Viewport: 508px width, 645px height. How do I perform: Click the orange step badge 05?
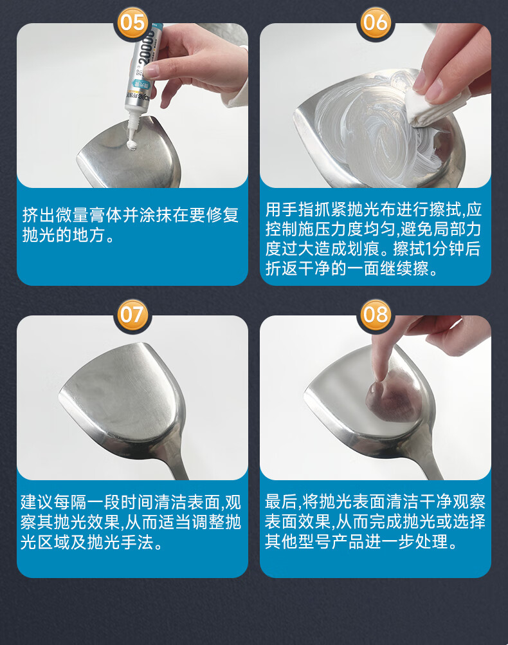132,22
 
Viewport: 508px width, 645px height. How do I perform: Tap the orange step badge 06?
376,22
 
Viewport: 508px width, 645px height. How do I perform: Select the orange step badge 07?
132,315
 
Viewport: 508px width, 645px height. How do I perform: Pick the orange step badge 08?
376,315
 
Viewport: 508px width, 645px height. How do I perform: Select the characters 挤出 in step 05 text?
39,215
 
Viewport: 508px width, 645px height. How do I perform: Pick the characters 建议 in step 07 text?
37,502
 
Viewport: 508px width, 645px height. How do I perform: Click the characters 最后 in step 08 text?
281,501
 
